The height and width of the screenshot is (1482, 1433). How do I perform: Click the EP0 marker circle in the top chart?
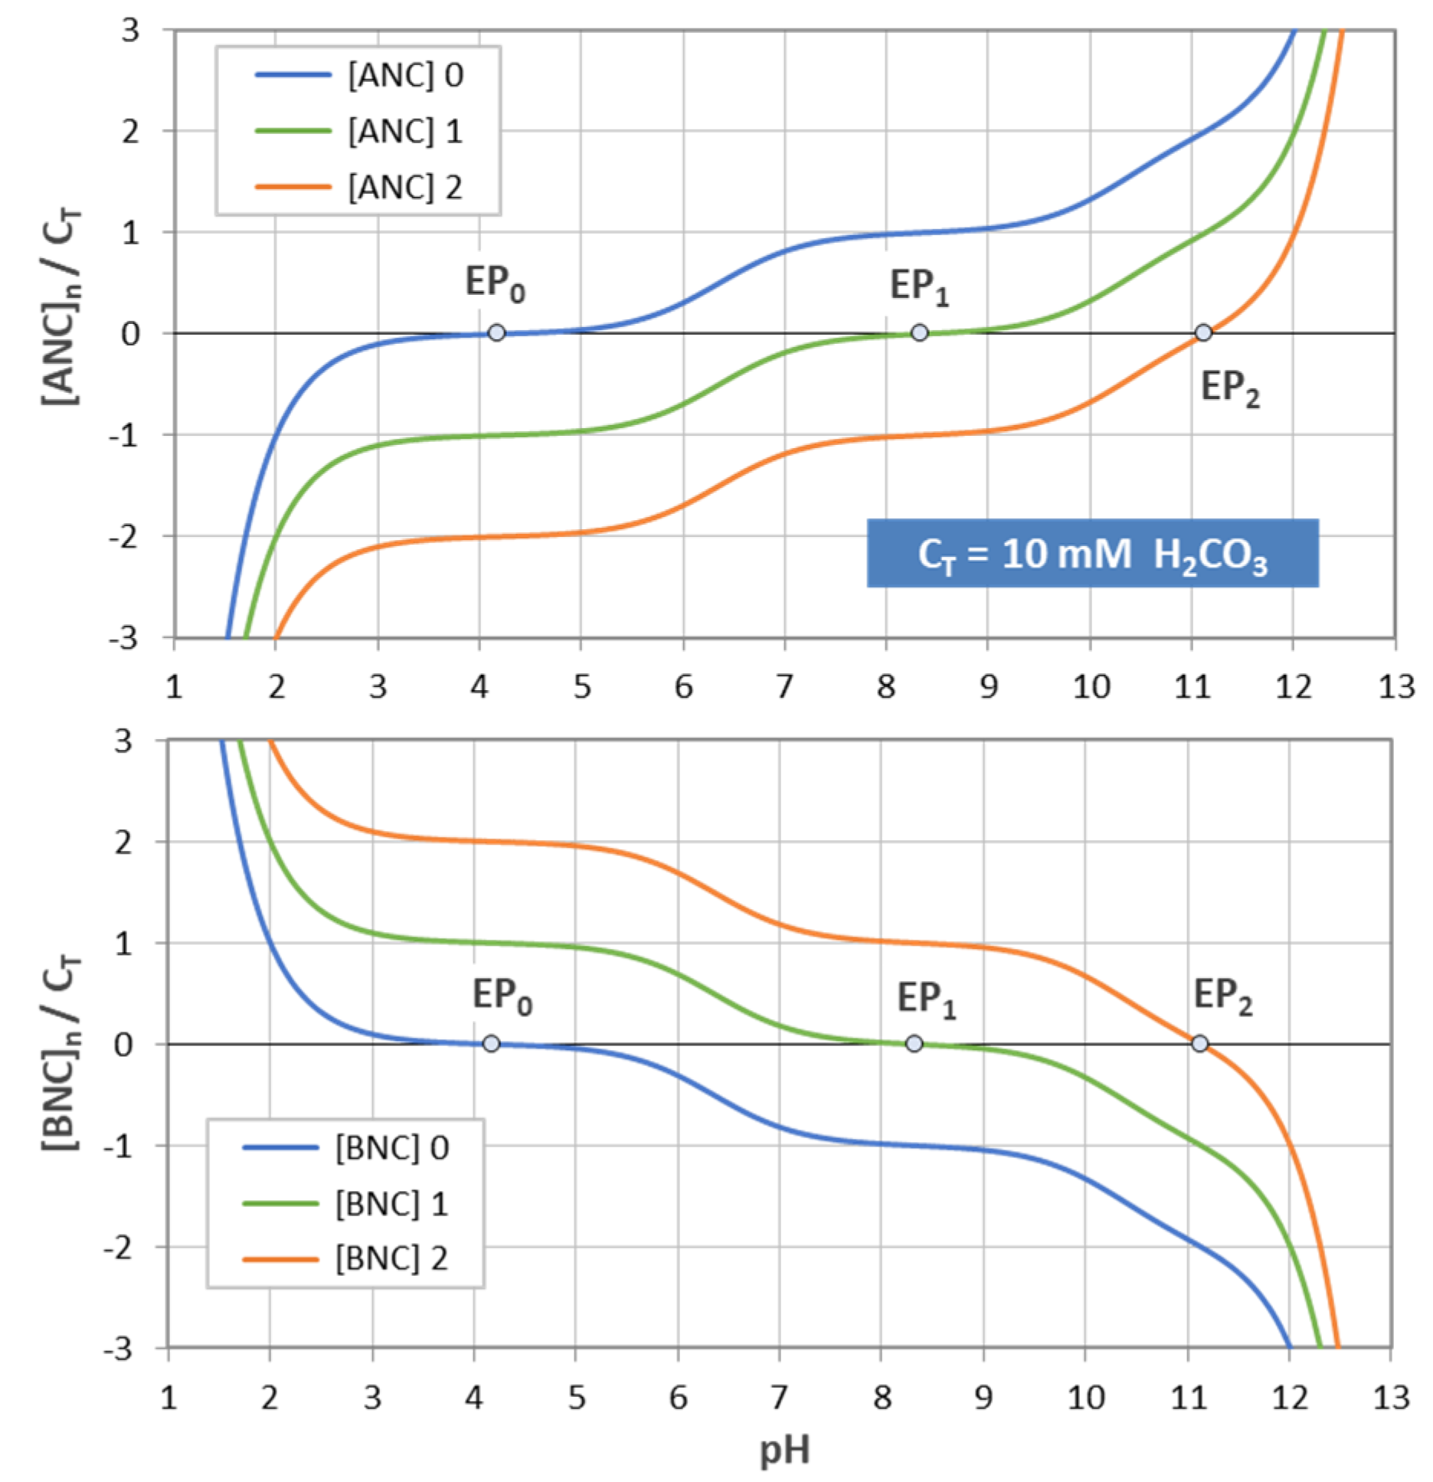pyautogui.click(x=496, y=332)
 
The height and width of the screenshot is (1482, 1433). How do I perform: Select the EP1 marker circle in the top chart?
pyautogui.click(x=919, y=332)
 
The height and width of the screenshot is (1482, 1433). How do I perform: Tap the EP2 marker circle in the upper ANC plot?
pyautogui.click(x=1203, y=332)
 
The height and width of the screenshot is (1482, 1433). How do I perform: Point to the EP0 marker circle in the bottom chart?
pyautogui.click(x=491, y=1043)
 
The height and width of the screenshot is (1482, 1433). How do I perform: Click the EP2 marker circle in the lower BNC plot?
pyautogui.click(x=1200, y=1043)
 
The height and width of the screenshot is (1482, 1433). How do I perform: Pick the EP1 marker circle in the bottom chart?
pyautogui.click(x=914, y=1043)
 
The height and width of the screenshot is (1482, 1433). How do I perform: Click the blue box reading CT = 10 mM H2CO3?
pyautogui.click(x=1092, y=554)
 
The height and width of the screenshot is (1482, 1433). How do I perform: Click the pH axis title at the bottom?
pyautogui.click(x=784, y=1449)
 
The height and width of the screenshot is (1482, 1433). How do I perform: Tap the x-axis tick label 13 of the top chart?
pyautogui.click(x=1395, y=686)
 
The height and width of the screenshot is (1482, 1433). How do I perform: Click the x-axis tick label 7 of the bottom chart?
pyautogui.click(x=779, y=1397)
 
